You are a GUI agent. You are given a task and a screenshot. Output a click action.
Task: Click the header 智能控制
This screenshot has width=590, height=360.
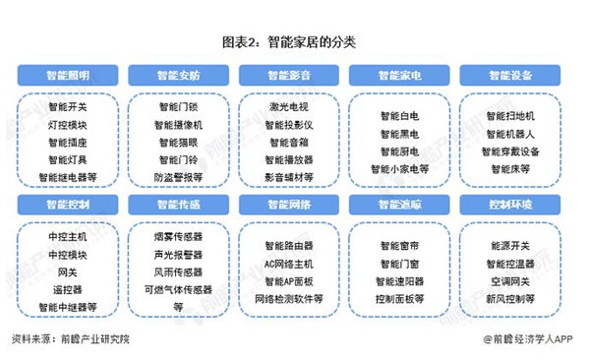pyautogui.click(x=67, y=205)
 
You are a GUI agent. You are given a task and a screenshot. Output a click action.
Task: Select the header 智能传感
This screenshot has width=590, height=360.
pyautogui.click(x=178, y=205)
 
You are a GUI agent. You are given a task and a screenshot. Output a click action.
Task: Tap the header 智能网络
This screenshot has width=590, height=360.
pyautogui.click(x=289, y=205)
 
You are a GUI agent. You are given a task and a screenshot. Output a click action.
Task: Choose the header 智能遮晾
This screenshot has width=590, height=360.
pyautogui.click(x=399, y=205)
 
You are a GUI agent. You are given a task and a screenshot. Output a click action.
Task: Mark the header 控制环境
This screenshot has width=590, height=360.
pyautogui.click(x=510, y=205)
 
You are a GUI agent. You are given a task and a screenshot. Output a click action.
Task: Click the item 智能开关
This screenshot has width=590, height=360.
pyautogui.click(x=67, y=107)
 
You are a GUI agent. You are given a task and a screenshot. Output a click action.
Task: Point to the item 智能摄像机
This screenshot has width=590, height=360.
pyautogui.click(x=178, y=125)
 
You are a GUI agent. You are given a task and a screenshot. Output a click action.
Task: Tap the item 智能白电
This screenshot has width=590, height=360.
pyautogui.click(x=399, y=116)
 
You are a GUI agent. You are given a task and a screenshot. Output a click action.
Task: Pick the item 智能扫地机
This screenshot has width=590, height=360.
pyautogui.click(x=510, y=116)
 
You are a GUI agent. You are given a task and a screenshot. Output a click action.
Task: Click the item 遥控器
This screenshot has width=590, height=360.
pyautogui.click(x=67, y=289)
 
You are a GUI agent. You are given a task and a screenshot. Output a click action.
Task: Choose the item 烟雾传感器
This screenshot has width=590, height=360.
pyautogui.click(x=178, y=237)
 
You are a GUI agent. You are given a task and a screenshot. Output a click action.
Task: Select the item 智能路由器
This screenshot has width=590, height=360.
pyautogui.click(x=289, y=245)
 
